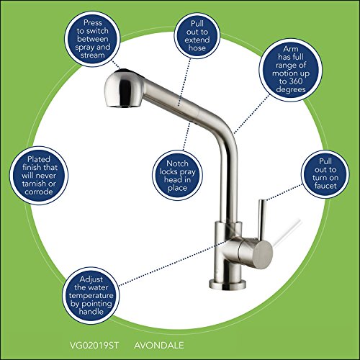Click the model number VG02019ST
pyautogui.click(x=94, y=346)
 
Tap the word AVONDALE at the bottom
pyautogui.click(x=159, y=346)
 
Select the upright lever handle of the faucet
pyautogui.click(x=261, y=220)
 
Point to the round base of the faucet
pyautogui.click(x=228, y=284)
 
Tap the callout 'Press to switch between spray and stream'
pyautogui.click(x=92, y=39)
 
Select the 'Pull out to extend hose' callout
pyautogui.click(x=197, y=35)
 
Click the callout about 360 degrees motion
pyautogui.click(x=291, y=70)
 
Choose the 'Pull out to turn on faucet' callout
pyautogui.click(x=325, y=174)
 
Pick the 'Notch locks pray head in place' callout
pyautogui.click(x=177, y=176)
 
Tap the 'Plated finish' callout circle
pyautogui.click(x=39, y=176)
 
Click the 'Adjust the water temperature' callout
pyautogui.click(x=91, y=295)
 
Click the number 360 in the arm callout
pyautogui.click(x=295, y=81)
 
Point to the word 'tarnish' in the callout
pyautogui.click(x=34, y=184)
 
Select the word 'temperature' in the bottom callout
pyautogui.click(x=91, y=296)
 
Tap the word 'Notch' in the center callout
pyautogui.click(x=177, y=163)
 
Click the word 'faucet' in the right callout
pyautogui.click(x=325, y=186)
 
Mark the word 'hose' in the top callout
pyautogui.click(x=197, y=48)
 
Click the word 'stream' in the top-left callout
pyautogui.click(x=93, y=55)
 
